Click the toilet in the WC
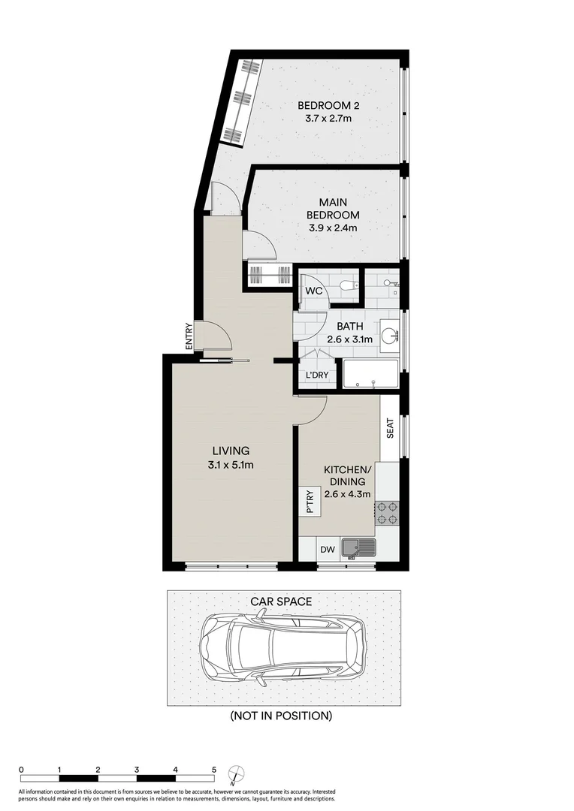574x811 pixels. point(346,285)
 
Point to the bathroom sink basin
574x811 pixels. point(389,336)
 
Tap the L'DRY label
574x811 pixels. point(315,375)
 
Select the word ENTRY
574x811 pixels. point(189,336)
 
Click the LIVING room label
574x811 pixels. point(230,451)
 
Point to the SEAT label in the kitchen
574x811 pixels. point(390,428)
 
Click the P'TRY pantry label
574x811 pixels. point(309,501)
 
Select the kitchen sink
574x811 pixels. point(358,549)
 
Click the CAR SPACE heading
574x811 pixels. point(281,601)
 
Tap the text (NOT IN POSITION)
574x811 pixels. point(281,716)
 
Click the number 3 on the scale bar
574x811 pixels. point(137,770)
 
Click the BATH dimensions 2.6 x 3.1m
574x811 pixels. point(350,339)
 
